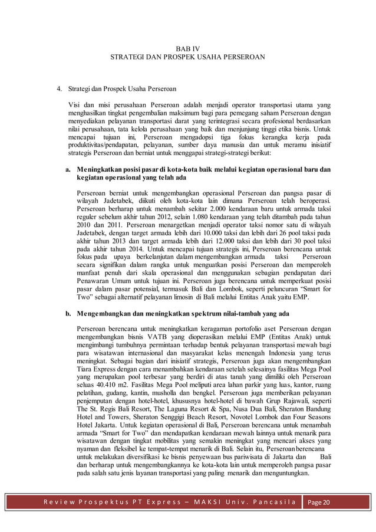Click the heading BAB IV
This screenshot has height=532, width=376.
click(x=187, y=47)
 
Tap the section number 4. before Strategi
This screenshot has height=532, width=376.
click(x=59, y=90)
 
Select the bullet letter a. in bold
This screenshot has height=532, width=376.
click(x=69, y=169)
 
